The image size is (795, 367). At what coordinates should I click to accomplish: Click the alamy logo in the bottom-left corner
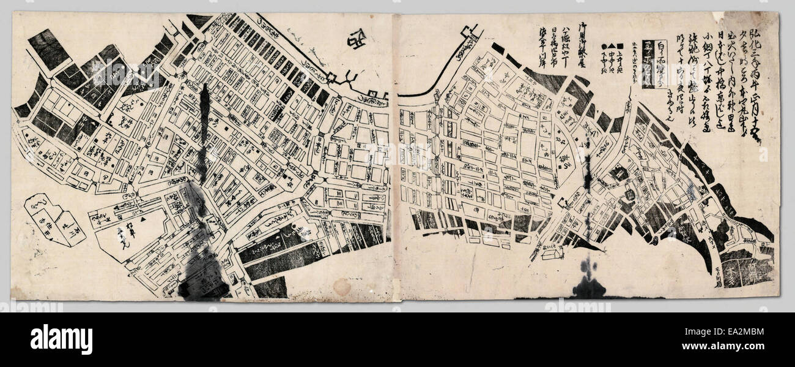click(61, 339)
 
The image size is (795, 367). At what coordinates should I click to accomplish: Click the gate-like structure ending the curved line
click(470, 33)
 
